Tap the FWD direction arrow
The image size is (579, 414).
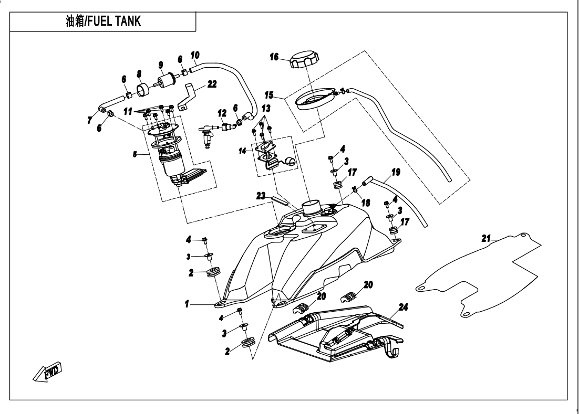tap(48, 373)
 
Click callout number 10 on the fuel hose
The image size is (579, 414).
tap(195, 55)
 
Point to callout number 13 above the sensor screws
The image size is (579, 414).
tap(266, 108)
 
